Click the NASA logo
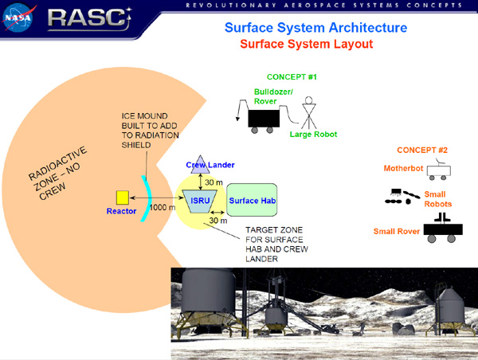coord(18,18)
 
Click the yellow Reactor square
coord(123,198)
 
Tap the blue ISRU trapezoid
coord(200,202)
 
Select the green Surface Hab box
coord(252,200)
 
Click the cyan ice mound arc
coord(148,198)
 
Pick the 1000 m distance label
coord(163,207)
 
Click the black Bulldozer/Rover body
coord(264,119)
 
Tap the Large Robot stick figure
coord(309,113)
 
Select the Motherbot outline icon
coord(439,170)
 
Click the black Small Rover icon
coord(443,229)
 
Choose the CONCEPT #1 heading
coord(292,76)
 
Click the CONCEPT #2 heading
coord(422,150)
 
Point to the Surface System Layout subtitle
coord(307,44)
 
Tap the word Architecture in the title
coord(368,27)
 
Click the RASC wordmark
coord(89,18)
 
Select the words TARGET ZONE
coord(274,230)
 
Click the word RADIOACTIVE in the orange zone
coord(57,163)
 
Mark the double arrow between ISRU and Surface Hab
coord(217,213)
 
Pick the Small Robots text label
coord(437,199)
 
